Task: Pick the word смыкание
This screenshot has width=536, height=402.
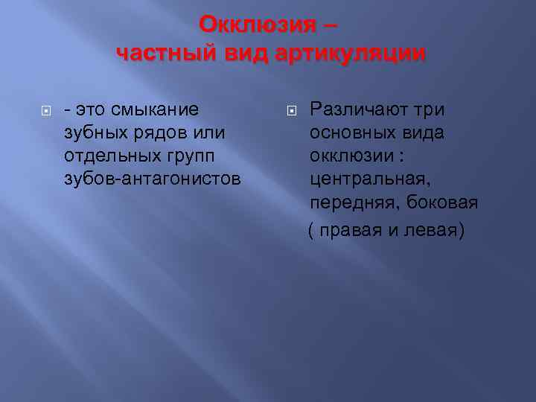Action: pyautogui.click(x=154, y=110)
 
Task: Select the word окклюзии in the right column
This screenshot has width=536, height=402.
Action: pyautogui.click(x=352, y=156)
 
